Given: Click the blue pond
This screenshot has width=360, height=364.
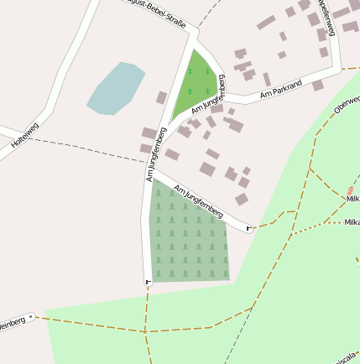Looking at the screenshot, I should [116, 87].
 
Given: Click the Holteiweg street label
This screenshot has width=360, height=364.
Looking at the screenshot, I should [24, 137].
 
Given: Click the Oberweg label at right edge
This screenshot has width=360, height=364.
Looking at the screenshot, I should [347, 103].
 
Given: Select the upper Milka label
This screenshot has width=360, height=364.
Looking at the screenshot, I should [352, 199].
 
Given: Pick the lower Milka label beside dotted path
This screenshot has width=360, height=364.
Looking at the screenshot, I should [352, 222].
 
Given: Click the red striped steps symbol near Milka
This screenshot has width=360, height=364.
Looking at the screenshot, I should [349, 191].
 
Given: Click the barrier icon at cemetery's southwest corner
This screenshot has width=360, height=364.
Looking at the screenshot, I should [149, 281].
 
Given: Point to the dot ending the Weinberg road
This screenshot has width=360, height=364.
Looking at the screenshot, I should [31, 317].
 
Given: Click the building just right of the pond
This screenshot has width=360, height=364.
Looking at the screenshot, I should [161, 98].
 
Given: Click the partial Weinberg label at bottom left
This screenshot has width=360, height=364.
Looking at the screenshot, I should [10, 324].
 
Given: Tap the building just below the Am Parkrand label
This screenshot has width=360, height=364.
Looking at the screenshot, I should [317, 85].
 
